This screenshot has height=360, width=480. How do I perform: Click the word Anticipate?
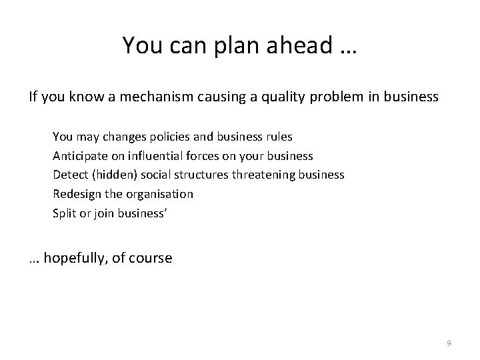[x=79, y=156]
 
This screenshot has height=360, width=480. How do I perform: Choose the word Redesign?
[x=76, y=194]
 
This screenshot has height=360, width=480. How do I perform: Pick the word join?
[x=99, y=213]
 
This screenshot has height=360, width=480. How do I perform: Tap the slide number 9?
[x=449, y=343]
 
